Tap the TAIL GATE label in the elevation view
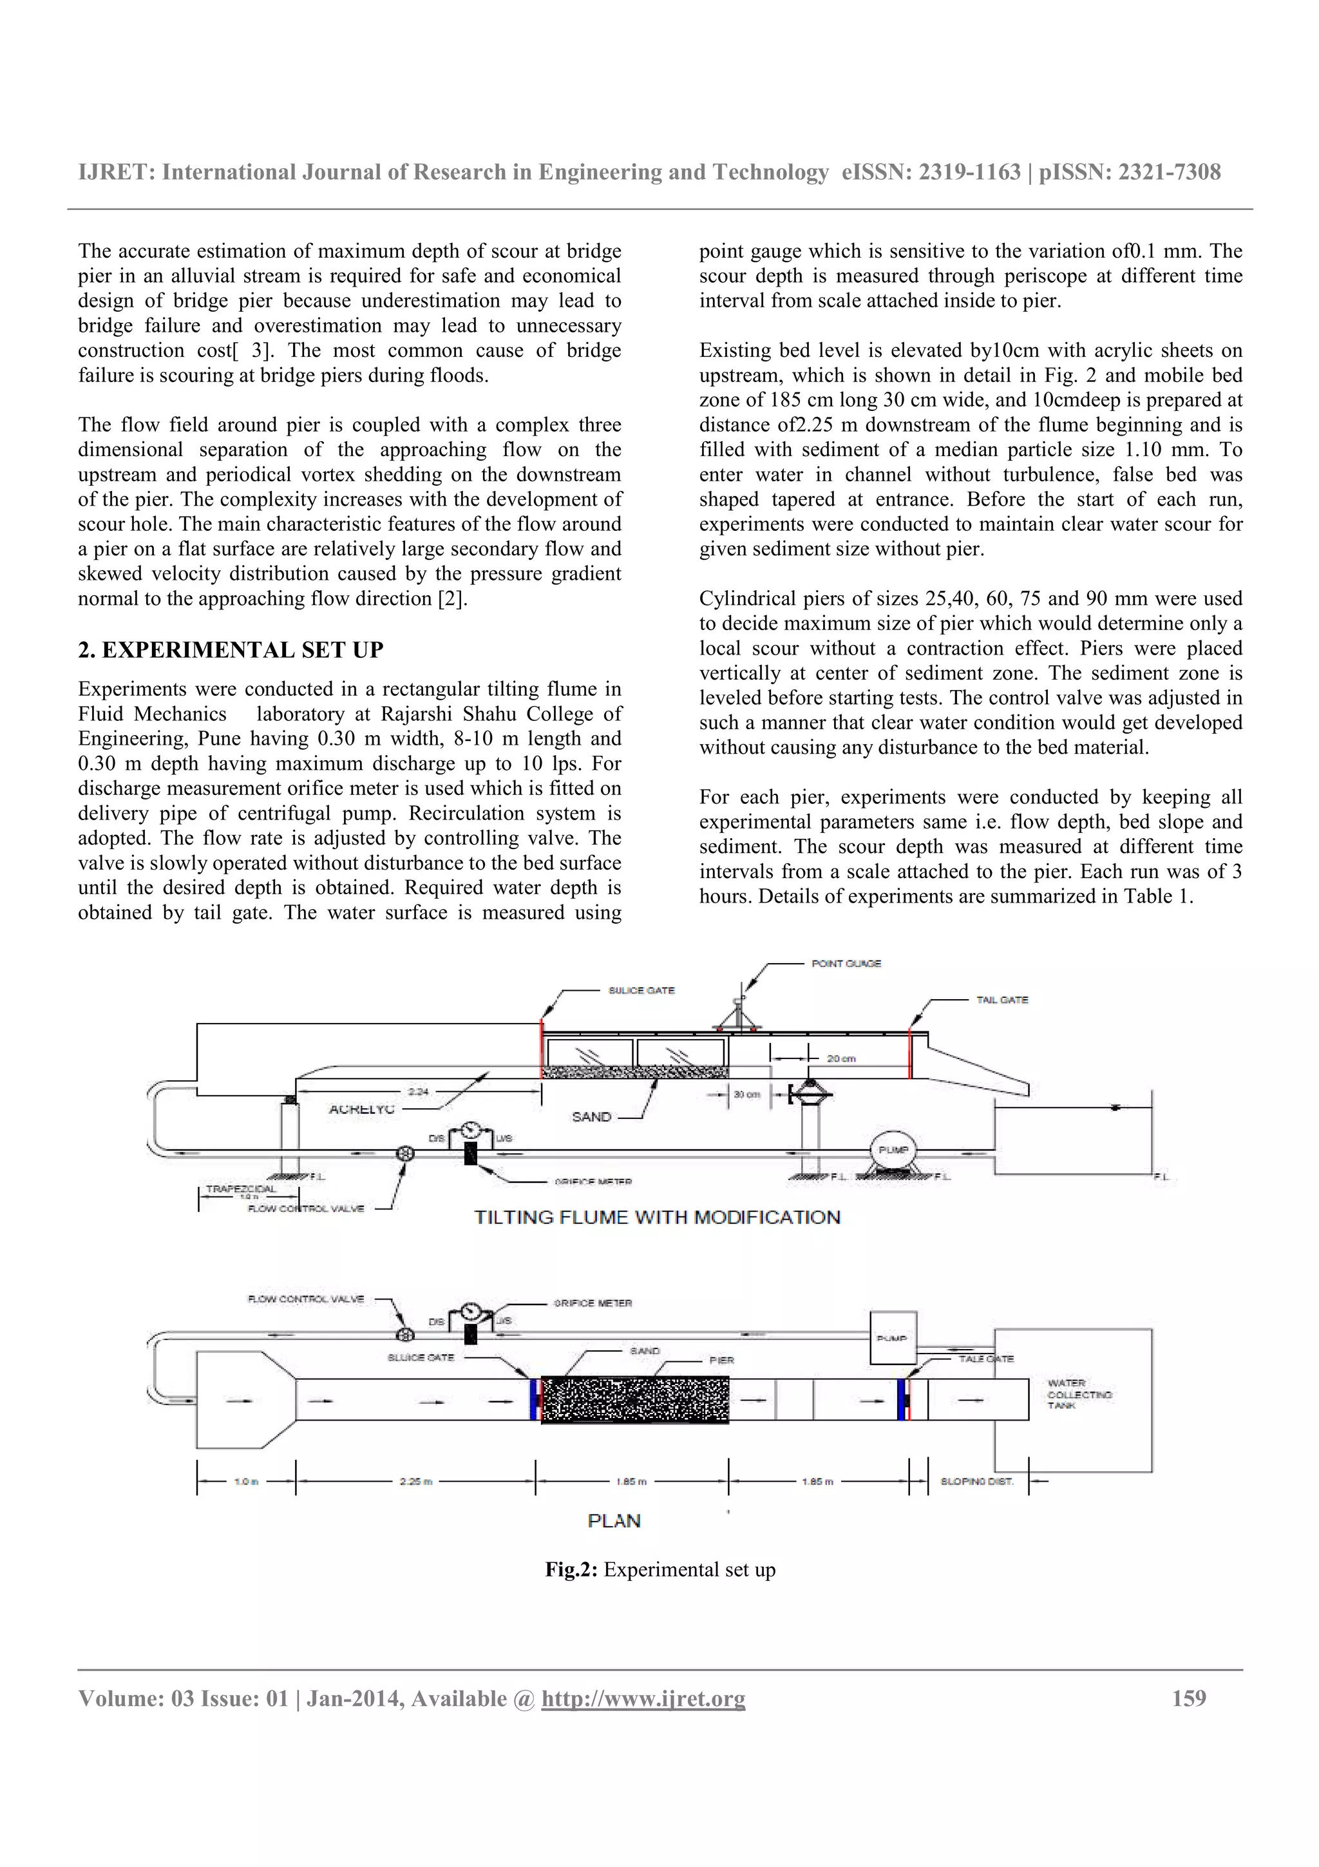click(1001, 999)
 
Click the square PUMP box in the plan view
click(893, 1337)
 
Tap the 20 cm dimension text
click(841, 1058)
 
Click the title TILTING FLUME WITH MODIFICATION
click(657, 1218)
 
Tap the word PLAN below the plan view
click(614, 1520)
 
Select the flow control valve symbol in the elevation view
click(404, 1154)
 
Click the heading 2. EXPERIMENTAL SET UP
click(230, 649)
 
